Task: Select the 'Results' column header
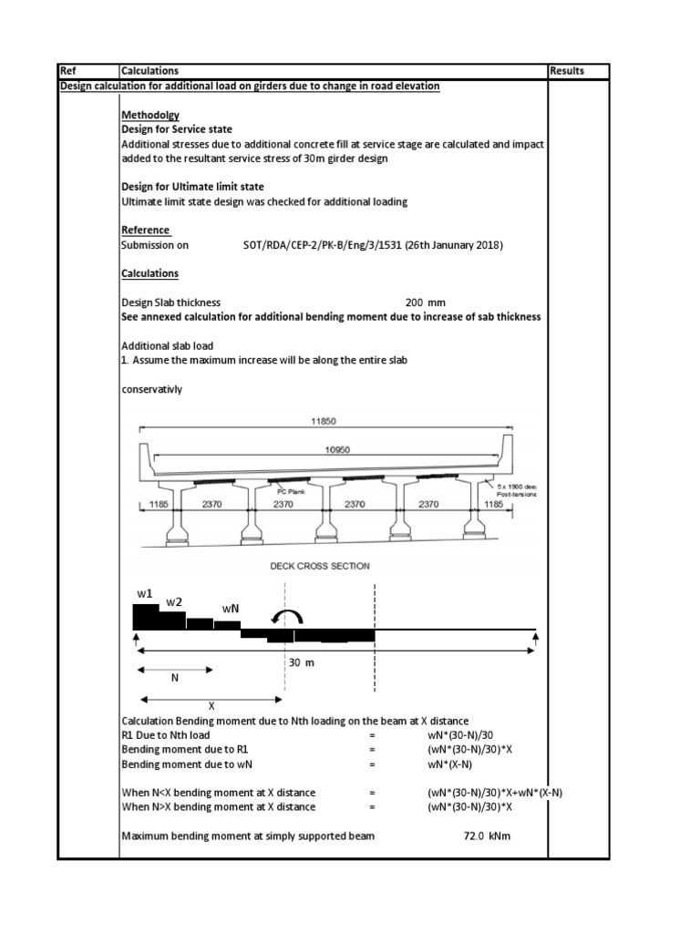click(x=567, y=71)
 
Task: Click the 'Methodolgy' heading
click(x=150, y=115)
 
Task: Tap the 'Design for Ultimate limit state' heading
click(x=187, y=186)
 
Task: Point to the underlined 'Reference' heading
click(x=145, y=230)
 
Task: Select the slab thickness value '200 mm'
click(x=426, y=302)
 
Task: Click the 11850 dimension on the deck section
click(x=324, y=422)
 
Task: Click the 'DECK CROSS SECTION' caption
click(x=320, y=566)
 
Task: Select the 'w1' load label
click(x=145, y=593)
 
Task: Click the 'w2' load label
click(x=174, y=602)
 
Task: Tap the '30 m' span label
click(x=301, y=662)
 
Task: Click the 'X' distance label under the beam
click(x=211, y=705)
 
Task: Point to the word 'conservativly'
click(x=152, y=389)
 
